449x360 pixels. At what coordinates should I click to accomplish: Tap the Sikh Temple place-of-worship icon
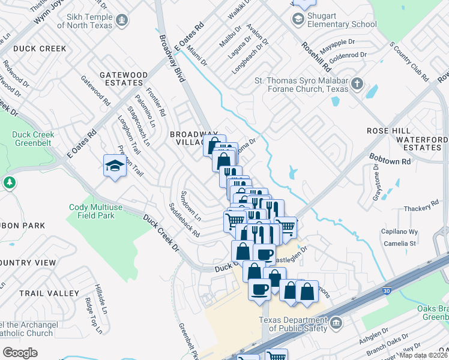tap(122, 21)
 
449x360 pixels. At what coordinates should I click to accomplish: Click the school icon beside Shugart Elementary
tap(298, 19)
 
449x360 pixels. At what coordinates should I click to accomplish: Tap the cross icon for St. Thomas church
tap(357, 83)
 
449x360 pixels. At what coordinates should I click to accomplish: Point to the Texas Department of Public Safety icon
tap(335, 324)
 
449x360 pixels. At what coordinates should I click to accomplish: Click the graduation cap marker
tap(114, 166)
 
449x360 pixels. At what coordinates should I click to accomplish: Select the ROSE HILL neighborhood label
tap(388, 131)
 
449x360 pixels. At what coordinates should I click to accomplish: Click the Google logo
tap(20, 353)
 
